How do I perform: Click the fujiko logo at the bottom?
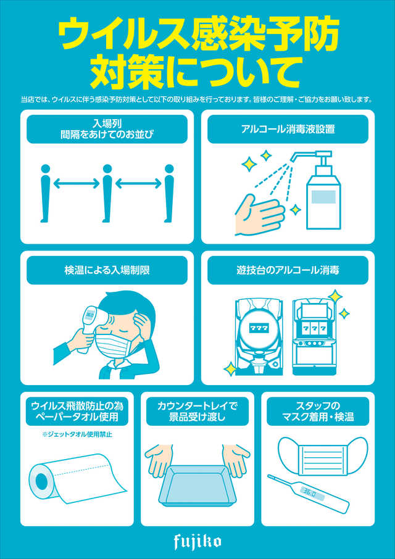(197, 542)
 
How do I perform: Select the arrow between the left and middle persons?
(77, 184)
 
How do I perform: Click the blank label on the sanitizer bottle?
(323, 197)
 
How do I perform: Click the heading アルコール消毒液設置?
(288, 129)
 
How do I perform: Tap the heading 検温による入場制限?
(107, 270)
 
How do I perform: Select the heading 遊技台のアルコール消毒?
(288, 270)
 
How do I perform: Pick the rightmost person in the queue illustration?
(169, 193)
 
